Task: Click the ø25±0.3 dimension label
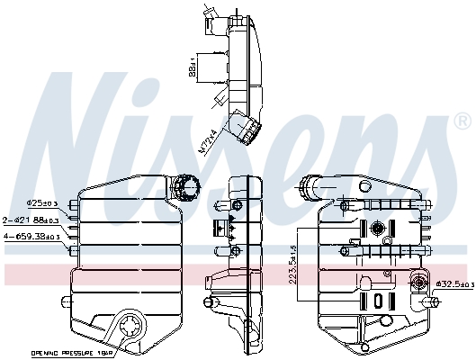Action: click(x=42, y=202)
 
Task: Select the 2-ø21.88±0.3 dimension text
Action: click(x=31, y=220)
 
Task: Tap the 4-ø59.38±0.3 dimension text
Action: click(x=32, y=237)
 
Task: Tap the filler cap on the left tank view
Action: click(x=187, y=188)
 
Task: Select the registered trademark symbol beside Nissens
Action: click(x=461, y=120)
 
